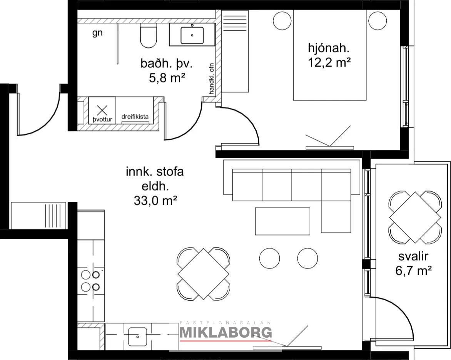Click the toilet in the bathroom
tap(149, 36)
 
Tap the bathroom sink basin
tap(192, 35)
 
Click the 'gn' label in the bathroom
tap(97, 33)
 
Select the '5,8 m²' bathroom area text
tap(167, 78)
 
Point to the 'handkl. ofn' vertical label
tap(212, 79)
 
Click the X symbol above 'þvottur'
tap(102, 110)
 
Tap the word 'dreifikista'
tap(135, 117)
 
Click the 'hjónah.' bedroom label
tap(329, 48)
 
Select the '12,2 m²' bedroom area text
tap(329, 62)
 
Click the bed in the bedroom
tap(330, 55)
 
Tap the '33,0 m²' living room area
tap(155, 200)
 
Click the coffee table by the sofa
tap(282, 221)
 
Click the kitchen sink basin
tap(137, 337)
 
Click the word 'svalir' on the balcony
tap(413, 256)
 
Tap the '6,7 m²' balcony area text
tap(413, 271)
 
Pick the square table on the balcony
tap(415, 217)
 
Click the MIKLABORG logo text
tap(226, 332)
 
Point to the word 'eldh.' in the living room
tap(155, 186)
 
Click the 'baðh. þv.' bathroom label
tap(167, 64)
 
